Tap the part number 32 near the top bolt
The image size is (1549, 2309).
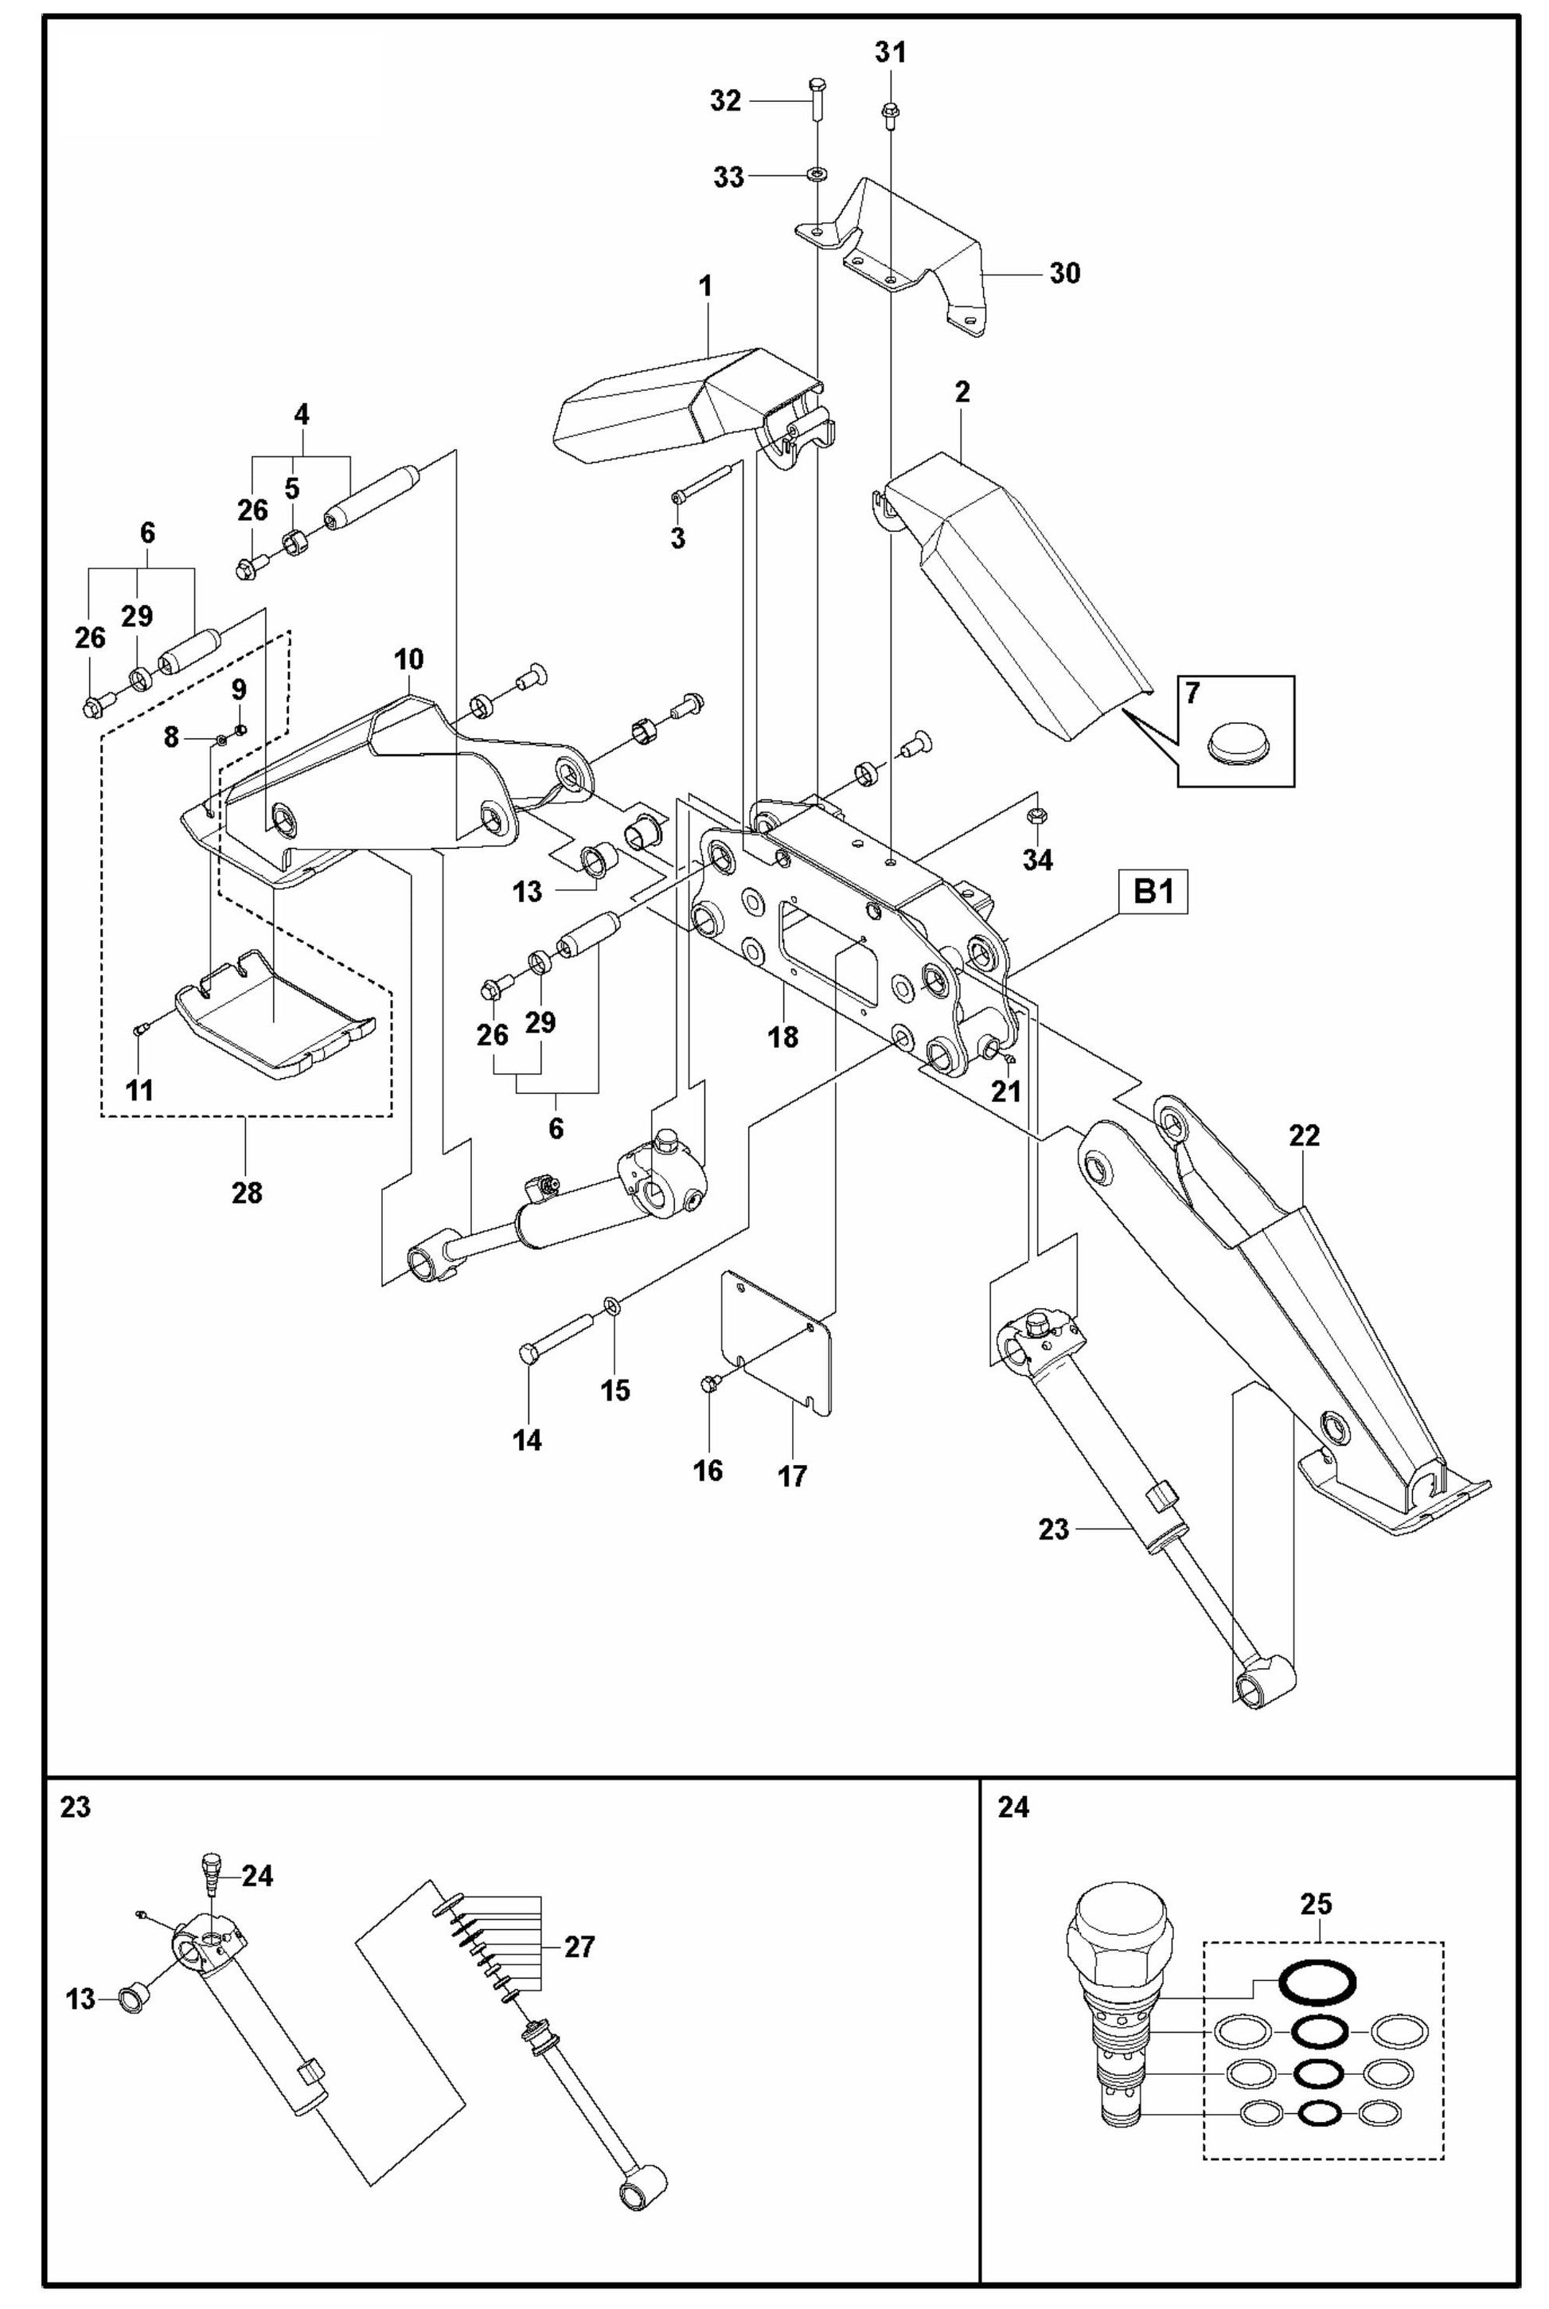point(726,101)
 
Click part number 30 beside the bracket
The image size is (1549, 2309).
point(1064,272)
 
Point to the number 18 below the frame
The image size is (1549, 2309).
point(783,1037)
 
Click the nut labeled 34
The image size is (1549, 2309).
point(1037,816)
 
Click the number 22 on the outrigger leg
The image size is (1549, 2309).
point(1304,1136)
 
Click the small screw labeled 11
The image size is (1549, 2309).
point(141,1030)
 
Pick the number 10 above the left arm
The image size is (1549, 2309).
point(409,659)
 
